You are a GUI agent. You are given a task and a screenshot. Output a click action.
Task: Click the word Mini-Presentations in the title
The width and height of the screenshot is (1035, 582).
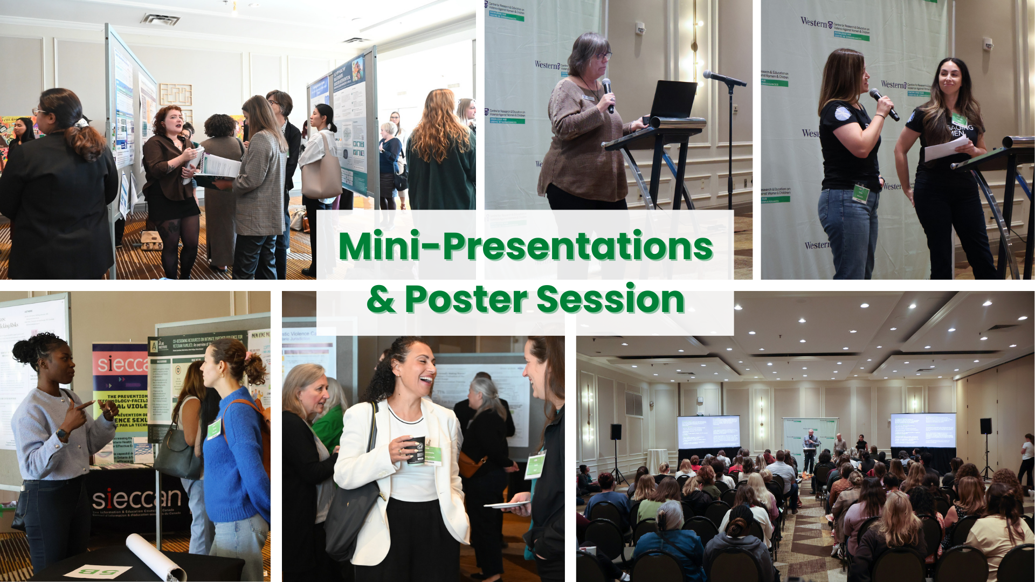526,246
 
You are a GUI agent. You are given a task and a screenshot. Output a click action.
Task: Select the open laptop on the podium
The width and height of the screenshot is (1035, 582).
673,100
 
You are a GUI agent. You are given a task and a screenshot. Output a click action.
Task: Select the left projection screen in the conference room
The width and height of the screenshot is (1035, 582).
708,432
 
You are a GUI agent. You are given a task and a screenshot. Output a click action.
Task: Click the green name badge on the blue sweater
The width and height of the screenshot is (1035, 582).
214,428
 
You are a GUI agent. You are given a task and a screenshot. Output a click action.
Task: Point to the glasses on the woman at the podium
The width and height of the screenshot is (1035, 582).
603,56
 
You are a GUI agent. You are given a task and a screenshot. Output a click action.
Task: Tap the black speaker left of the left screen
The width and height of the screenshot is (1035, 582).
616,432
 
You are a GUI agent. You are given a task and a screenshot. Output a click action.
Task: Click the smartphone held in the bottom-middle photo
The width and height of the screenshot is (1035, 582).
507,505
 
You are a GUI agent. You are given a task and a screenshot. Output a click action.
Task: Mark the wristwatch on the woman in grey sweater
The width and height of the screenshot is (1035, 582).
62,434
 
